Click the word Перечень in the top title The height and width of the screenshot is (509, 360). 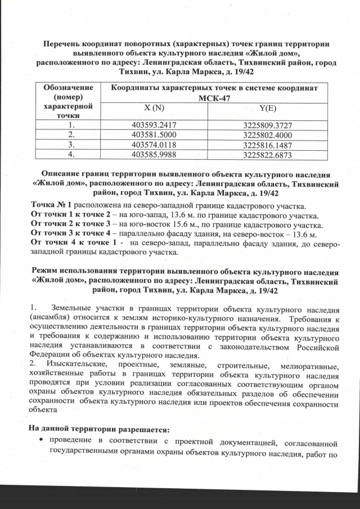62,43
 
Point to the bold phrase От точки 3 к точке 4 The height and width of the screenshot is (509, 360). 67,233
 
